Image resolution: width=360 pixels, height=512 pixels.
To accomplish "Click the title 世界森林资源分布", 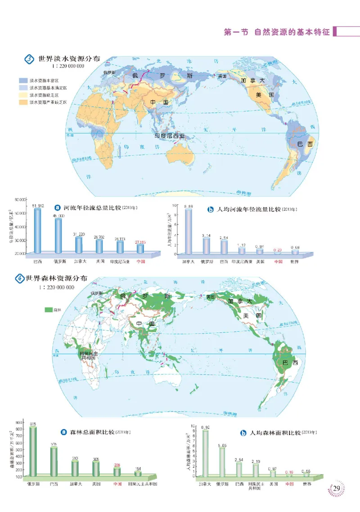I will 54,278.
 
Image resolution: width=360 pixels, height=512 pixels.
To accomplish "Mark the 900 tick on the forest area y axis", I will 19,423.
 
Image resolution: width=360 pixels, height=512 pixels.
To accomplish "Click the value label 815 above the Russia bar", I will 33,424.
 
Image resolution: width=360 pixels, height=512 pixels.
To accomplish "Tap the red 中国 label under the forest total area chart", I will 117,485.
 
